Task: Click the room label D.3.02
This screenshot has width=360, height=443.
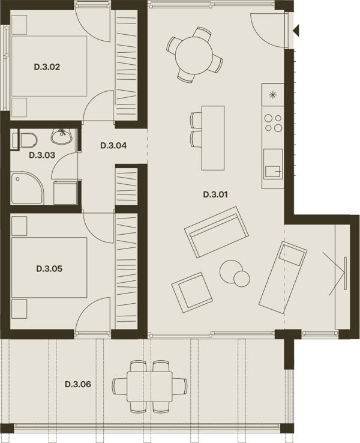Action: [47, 67]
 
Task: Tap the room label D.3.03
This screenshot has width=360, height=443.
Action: [42, 155]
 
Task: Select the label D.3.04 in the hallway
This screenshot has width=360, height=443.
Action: [113, 146]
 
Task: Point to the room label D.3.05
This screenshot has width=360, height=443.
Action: [49, 269]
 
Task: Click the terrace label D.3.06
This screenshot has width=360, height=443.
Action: [78, 384]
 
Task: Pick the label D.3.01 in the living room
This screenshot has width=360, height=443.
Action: [215, 194]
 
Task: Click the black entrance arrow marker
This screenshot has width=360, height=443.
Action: [296, 30]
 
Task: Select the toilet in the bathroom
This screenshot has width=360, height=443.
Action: [25, 140]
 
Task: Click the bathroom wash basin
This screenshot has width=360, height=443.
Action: [62, 136]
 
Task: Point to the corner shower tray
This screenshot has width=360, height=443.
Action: [28, 188]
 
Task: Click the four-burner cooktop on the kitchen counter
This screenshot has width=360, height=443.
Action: [273, 123]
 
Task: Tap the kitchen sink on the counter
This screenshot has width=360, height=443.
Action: [273, 164]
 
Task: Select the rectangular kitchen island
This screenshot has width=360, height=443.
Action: [213, 138]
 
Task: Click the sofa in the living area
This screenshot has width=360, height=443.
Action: [217, 232]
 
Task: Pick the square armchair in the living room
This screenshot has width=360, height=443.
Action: [192, 292]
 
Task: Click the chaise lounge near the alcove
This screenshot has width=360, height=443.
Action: [283, 277]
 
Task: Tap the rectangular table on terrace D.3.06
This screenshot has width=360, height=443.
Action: [149, 387]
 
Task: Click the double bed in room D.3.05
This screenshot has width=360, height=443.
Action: [49, 268]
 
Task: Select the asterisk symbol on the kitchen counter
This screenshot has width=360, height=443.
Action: [273, 95]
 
